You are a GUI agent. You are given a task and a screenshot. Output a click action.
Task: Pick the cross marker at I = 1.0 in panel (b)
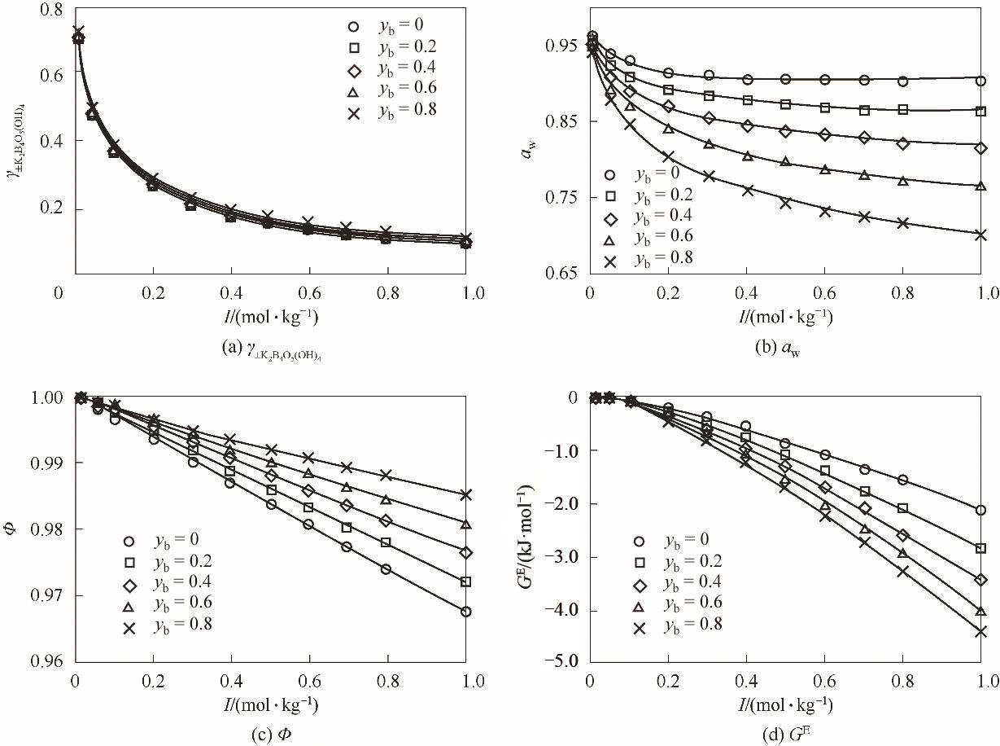[x=980, y=235]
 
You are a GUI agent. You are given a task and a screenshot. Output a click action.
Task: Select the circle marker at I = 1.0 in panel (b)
[x=980, y=81]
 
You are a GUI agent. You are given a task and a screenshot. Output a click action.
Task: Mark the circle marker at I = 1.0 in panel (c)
[x=466, y=612]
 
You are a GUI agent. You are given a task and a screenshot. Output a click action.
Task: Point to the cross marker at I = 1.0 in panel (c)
[x=466, y=494]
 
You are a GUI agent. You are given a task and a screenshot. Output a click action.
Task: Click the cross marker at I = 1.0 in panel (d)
[x=980, y=631]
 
